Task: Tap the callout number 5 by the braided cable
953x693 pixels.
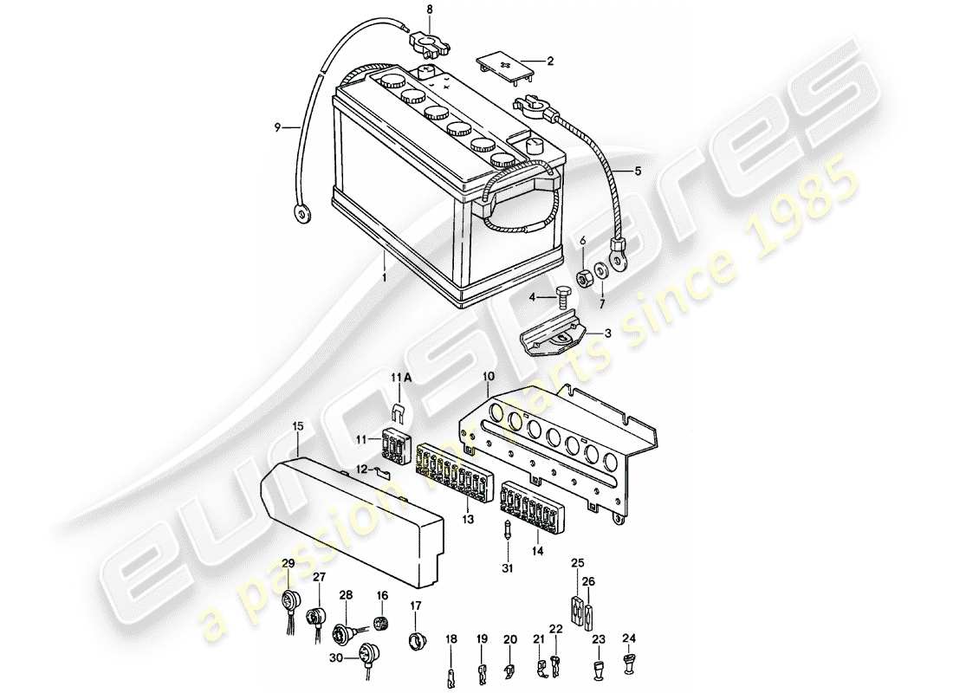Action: [x=639, y=172]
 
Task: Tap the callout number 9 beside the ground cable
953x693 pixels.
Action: [x=277, y=128]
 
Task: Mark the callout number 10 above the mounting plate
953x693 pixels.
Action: [x=489, y=378]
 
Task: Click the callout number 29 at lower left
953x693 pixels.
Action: [x=288, y=564]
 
